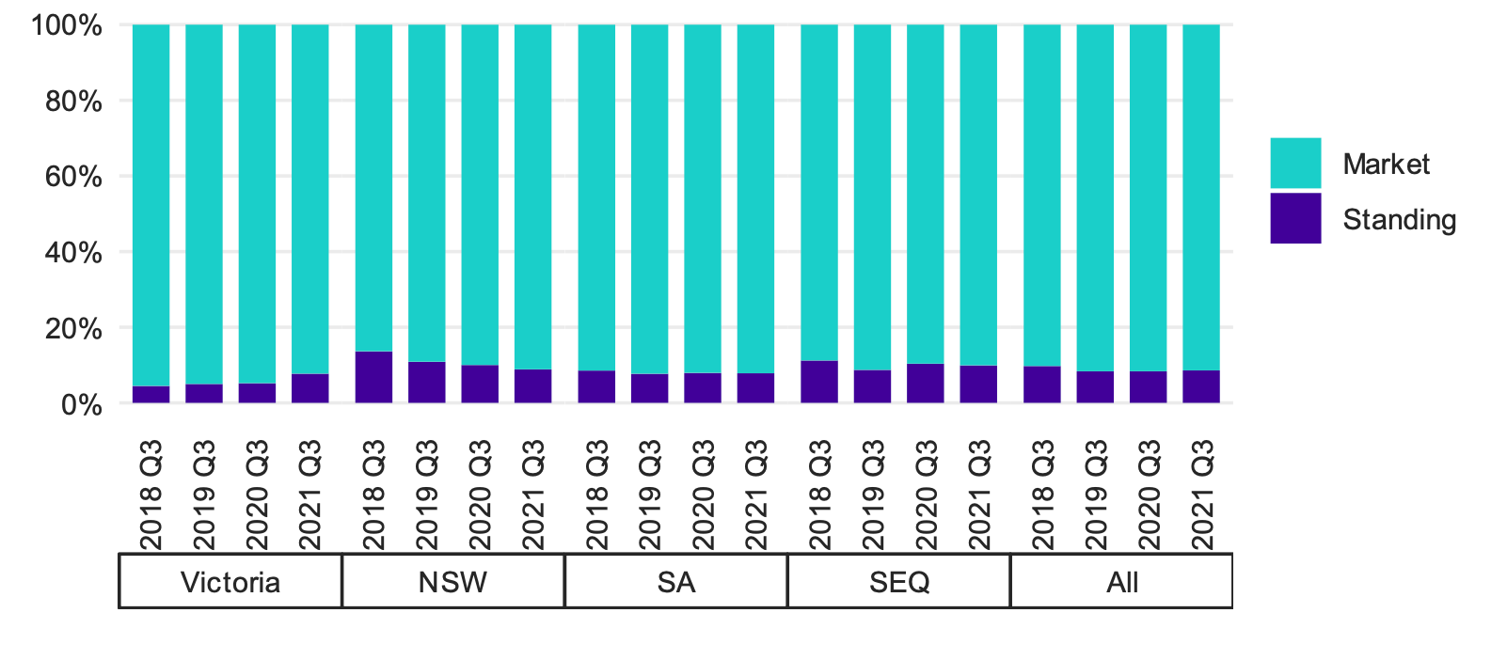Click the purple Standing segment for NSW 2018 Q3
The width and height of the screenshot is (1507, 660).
point(373,378)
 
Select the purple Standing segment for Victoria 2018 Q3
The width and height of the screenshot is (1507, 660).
point(151,395)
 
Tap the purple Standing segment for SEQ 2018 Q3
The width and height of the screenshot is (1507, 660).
point(819,383)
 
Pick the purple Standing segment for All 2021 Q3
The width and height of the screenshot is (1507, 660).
point(1200,387)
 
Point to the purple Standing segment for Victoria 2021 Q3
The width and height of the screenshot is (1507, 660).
point(310,389)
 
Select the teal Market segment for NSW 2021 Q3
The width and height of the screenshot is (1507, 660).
point(533,197)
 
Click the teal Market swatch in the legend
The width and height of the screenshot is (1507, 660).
point(1295,164)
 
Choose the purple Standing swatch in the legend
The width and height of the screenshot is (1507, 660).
point(1295,218)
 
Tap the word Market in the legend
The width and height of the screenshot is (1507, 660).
point(1386,165)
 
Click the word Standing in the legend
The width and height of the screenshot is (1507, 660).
point(1399,220)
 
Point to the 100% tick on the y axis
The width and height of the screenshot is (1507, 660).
point(67,25)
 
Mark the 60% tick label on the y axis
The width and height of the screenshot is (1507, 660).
point(73,177)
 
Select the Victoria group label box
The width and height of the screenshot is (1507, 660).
point(230,582)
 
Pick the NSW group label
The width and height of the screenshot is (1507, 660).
point(452,582)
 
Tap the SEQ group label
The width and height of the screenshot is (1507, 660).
point(899,582)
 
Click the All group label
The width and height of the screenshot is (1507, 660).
point(1122,582)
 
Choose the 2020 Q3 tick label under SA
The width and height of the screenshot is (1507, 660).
point(704,494)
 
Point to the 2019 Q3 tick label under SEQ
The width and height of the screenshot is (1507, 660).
point(873,494)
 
